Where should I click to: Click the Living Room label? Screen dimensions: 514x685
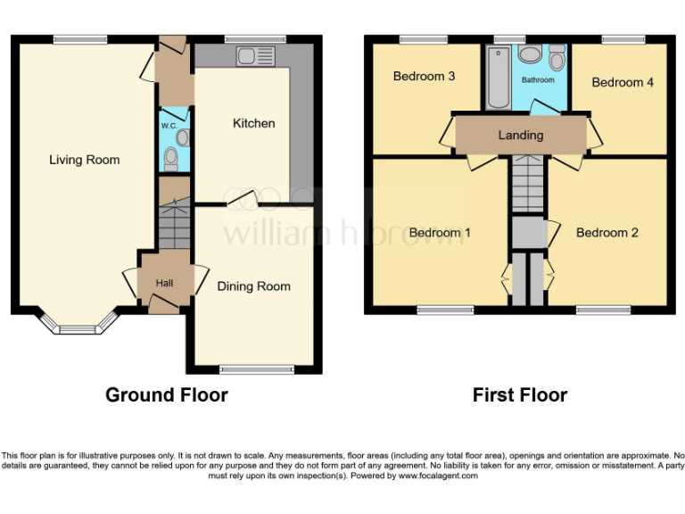(x=84, y=160)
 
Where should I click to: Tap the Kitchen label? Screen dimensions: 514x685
(x=253, y=123)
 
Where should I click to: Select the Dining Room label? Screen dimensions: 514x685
(x=253, y=286)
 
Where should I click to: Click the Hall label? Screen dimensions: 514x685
(x=164, y=283)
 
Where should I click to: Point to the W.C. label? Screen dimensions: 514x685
(x=168, y=126)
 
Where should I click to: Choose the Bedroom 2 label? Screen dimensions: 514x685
(x=607, y=233)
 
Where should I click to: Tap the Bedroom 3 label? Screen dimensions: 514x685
(x=424, y=77)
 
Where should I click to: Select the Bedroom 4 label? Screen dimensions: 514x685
(x=623, y=82)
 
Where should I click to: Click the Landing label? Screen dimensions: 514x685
(x=520, y=136)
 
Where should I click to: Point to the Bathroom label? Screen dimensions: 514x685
(x=538, y=80)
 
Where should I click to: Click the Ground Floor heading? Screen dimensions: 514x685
(x=167, y=394)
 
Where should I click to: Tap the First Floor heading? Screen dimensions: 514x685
(x=520, y=394)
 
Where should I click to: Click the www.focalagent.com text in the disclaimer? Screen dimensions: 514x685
(x=437, y=476)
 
